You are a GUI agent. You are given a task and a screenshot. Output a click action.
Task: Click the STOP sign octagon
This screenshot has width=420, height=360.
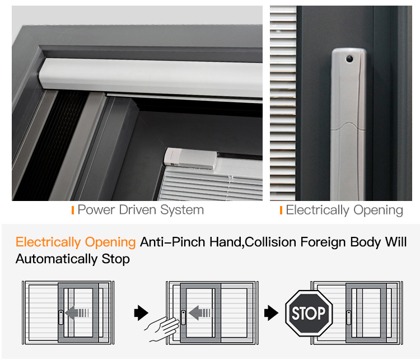(309, 313)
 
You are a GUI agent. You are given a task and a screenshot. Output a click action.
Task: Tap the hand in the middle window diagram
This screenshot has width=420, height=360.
(162, 329)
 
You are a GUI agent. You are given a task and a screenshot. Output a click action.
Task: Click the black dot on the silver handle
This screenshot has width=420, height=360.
(349, 58)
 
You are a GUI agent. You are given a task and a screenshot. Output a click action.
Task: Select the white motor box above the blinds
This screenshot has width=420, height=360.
(190, 158)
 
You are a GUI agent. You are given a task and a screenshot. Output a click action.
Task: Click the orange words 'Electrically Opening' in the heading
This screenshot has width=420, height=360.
(76, 242)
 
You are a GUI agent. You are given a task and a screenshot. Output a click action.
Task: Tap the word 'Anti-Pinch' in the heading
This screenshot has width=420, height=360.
(174, 242)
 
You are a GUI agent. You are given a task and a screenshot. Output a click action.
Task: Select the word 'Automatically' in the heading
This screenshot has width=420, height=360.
(57, 259)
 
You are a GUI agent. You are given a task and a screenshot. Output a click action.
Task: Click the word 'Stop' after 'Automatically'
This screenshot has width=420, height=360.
(116, 259)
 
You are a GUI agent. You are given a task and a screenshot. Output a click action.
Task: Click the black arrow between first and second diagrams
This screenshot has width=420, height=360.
(141, 312)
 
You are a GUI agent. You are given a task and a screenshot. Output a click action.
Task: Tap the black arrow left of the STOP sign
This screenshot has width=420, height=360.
(271, 312)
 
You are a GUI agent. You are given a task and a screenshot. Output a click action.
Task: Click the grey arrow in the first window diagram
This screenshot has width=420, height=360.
(77, 312)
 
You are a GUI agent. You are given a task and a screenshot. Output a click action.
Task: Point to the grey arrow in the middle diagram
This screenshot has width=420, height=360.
(199, 312)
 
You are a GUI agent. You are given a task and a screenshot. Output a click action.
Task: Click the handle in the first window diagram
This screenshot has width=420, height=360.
(61, 317)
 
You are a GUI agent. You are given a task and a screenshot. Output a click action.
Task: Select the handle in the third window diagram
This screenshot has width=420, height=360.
(349, 317)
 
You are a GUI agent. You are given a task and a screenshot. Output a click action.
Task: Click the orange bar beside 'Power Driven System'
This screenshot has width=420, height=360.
(73, 211)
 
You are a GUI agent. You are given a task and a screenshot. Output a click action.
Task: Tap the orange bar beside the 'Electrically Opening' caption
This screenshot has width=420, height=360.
(281, 211)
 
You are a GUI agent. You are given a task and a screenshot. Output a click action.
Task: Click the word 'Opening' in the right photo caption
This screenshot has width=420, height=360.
(378, 211)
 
